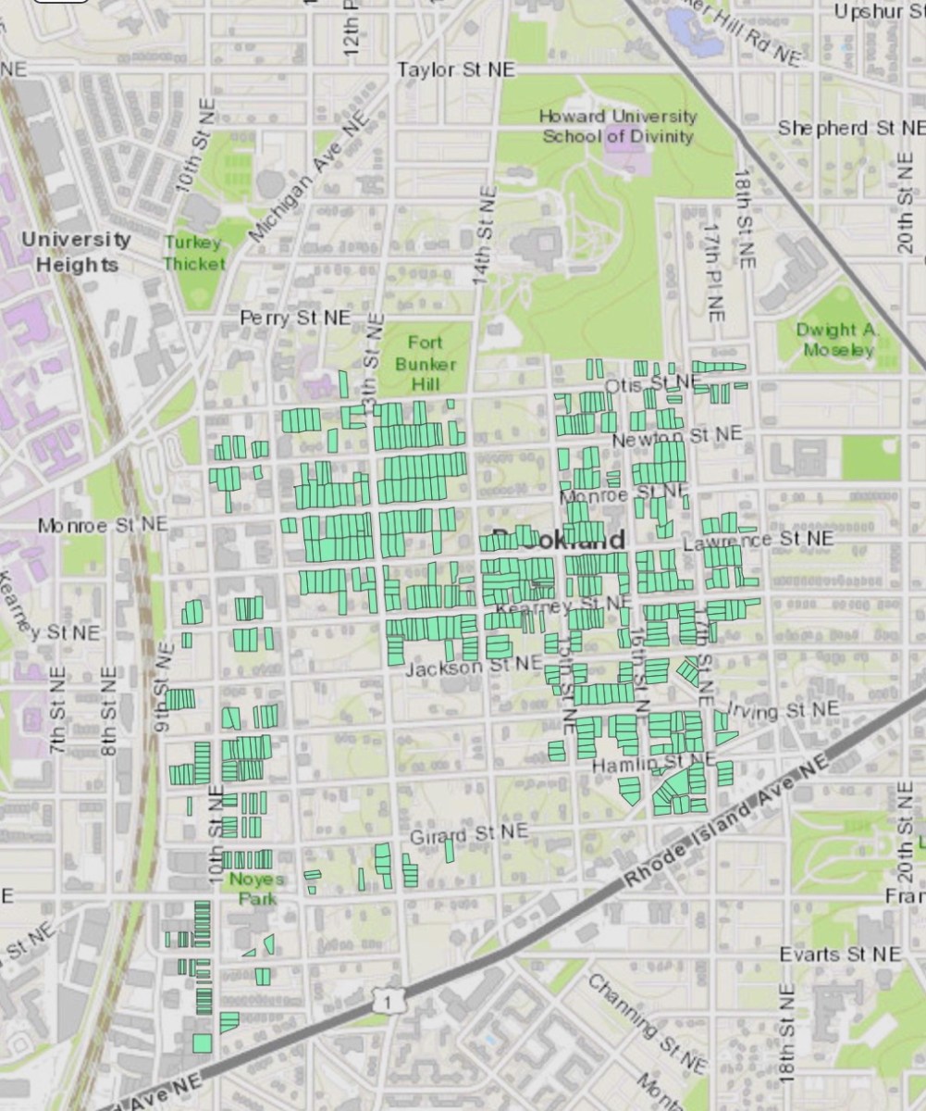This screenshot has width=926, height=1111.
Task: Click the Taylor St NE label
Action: pos(456,70)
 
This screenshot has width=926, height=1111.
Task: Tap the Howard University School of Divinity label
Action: pos(618,126)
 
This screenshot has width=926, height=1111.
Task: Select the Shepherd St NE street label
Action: pos(850,128)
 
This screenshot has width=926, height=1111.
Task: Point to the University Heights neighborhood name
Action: pos(76,251)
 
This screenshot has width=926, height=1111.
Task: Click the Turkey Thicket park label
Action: pos(194,253)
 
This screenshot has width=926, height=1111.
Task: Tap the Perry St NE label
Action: pos(295,318)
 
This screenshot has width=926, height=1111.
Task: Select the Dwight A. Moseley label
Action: pos(839,340)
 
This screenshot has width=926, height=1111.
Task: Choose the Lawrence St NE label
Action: pos(758,540)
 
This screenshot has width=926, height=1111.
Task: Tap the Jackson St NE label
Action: pos(473,665)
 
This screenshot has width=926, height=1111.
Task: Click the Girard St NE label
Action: pos(468,834)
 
